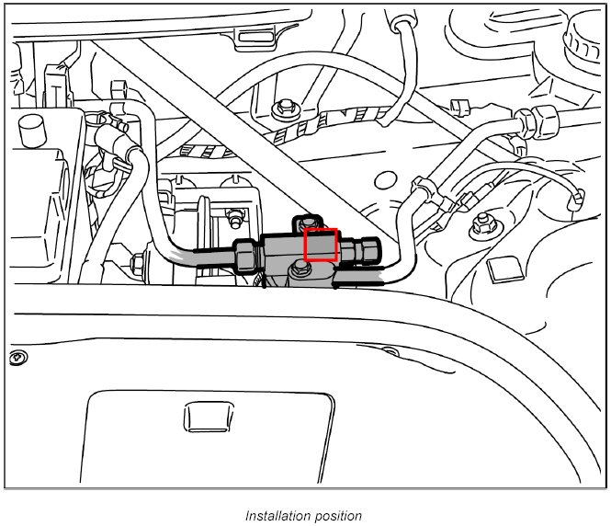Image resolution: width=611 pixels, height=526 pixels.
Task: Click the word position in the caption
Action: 335,516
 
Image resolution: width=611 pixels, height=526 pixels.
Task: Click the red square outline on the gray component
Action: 321,246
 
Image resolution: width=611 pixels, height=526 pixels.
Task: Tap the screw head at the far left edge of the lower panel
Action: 15,357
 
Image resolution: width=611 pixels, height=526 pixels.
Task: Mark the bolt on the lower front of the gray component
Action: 300,269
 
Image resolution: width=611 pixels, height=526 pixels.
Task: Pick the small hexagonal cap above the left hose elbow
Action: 119,91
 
